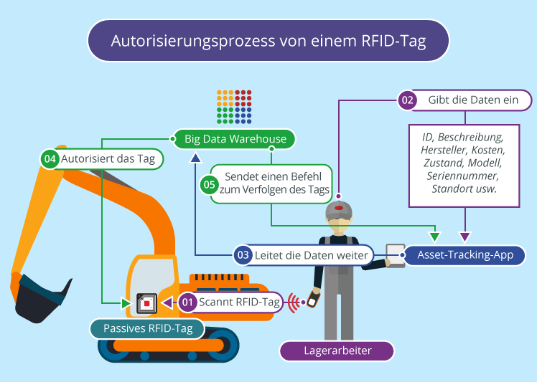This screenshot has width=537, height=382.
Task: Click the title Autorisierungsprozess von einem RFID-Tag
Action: coord(268,41)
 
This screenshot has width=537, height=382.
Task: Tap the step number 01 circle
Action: coord(187,302)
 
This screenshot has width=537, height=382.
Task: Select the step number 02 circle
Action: coord(407,100)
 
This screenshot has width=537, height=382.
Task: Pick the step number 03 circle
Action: coord(243,254)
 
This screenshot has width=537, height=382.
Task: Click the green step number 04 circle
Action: coord(50,159)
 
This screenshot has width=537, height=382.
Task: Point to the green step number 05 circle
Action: coord(209,184)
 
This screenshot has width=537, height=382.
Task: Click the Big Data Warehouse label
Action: coord(235,138)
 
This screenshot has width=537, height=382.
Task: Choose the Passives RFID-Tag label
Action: coord(146,328)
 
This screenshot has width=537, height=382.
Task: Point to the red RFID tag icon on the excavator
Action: coord(146,303)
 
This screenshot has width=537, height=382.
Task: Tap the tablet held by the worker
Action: coord(395,255)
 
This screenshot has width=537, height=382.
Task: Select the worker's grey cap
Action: coord(338,209)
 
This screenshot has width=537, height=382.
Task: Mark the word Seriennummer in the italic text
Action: coord(464,176)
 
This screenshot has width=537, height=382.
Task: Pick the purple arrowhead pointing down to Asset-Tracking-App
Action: coord(464,237)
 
